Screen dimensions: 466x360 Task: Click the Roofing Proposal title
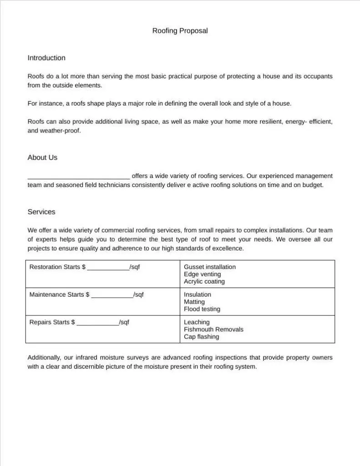pos(180,31)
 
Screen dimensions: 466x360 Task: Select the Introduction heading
pos(46,58)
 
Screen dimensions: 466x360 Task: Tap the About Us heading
pos(42,157)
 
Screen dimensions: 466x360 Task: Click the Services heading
pos(41,212)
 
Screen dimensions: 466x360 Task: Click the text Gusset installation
pos(210,267)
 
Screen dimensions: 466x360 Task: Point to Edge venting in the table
pos(203,274)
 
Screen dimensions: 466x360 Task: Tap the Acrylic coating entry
pos(204,282)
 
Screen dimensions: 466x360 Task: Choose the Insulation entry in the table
pos(198,295)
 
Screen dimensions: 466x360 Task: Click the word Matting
pos(194,302)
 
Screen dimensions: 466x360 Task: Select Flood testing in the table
pos(202,309)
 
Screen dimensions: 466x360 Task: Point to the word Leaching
pos(197,322)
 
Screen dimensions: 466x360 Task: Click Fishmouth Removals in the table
pos(213,329)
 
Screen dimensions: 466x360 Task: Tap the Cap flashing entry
pos(202,337)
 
